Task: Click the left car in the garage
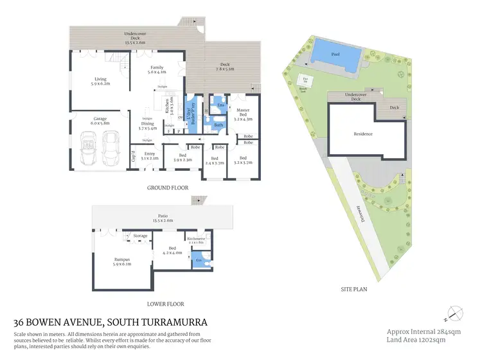[88, 148]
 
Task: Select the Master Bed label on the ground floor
[242, 113]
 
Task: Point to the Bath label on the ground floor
[219, 125]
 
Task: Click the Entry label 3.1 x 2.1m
[149, 155]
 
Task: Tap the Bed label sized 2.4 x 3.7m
[215, 161]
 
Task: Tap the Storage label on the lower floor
[140, 236]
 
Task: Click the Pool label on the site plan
[335, 55]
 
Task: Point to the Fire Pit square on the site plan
[305, 80]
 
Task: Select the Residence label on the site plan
[364, 134]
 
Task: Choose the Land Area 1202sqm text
[416, 339]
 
